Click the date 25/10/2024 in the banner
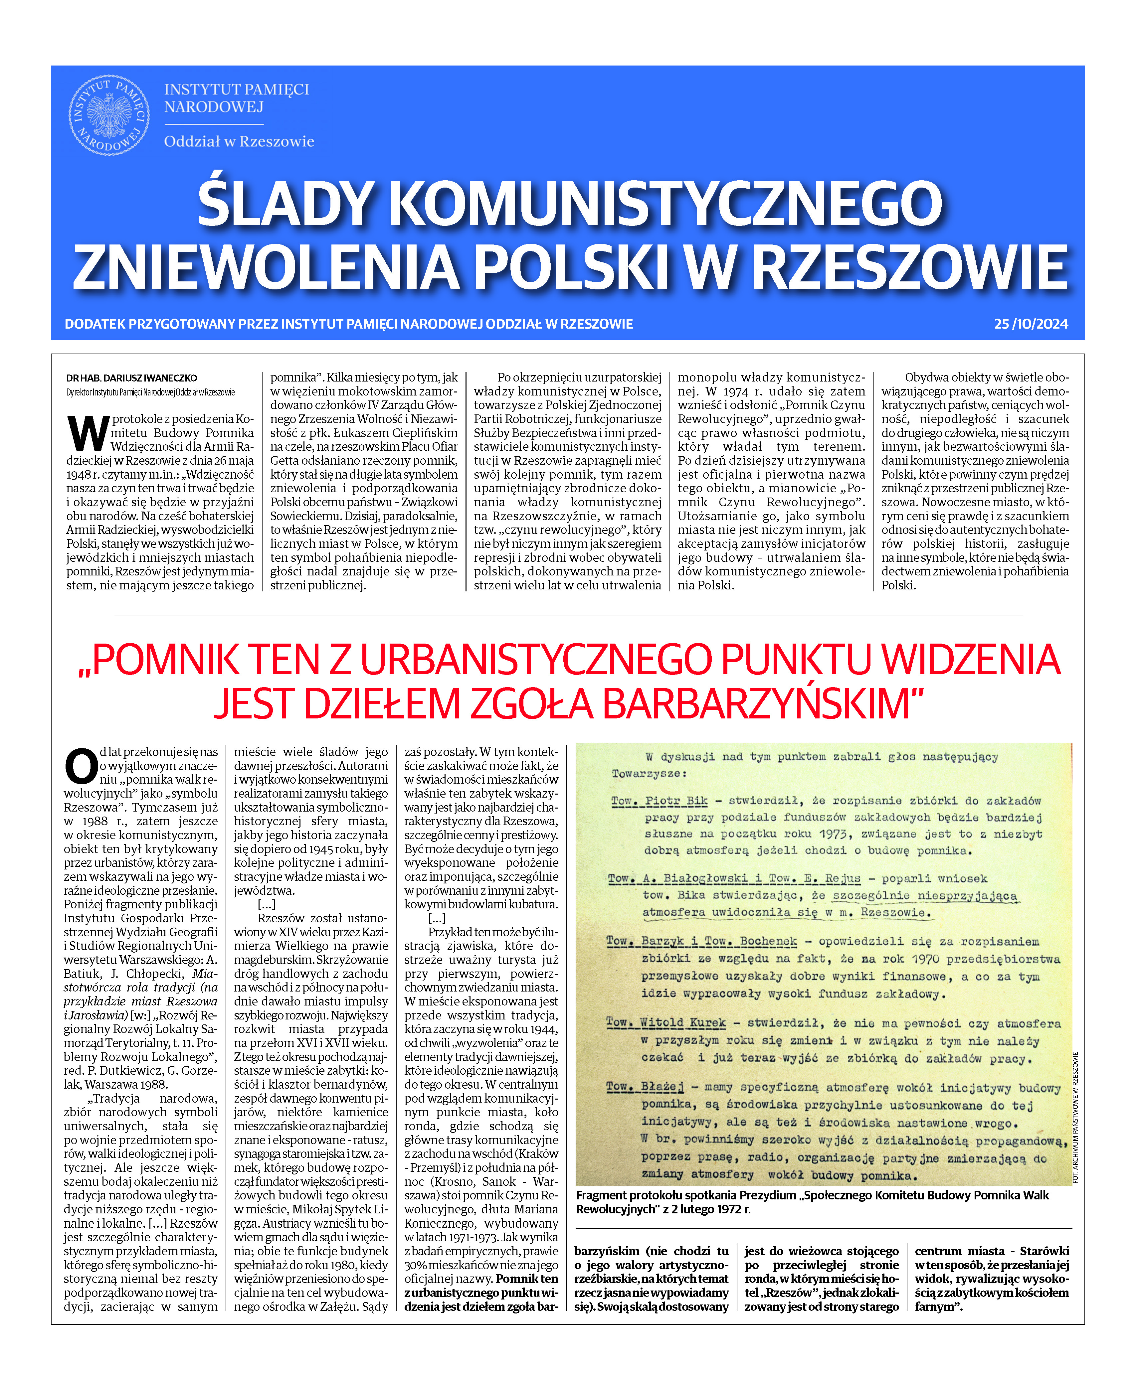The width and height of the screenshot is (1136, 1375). (x=1031, y=324)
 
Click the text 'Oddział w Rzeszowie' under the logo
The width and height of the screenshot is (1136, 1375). (x=239, y=141)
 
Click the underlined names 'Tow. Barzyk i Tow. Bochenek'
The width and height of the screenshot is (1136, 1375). (x=701, y=941)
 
